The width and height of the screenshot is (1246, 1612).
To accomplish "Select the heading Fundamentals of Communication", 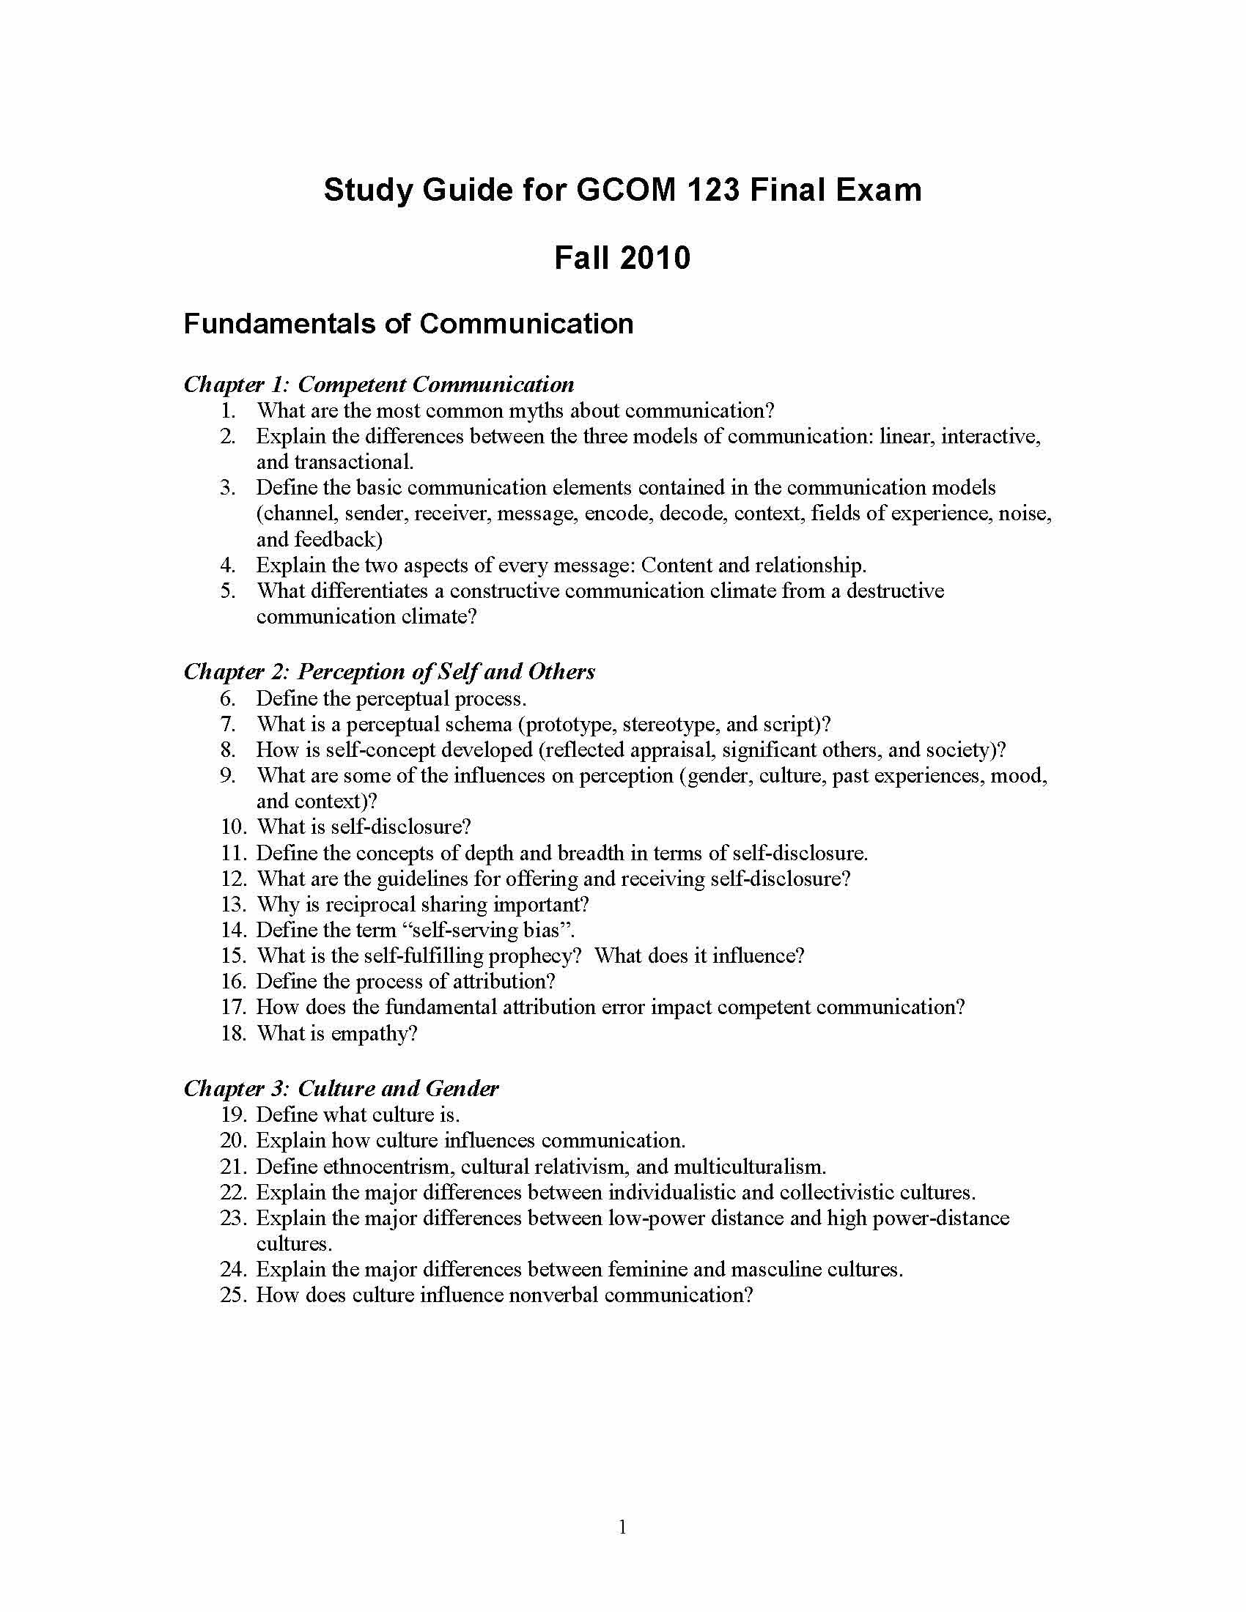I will [x=408, y=324].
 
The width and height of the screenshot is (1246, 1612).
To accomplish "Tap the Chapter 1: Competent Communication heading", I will [x=379, y=384].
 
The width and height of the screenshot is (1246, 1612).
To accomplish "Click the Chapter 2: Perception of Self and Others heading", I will [x=389, y=671].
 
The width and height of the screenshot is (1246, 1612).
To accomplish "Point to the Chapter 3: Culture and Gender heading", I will [x=341, y=1088].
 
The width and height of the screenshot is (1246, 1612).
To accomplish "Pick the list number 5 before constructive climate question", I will [x=228, y=591].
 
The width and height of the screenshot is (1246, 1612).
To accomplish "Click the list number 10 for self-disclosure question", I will [x=232, y=827].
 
